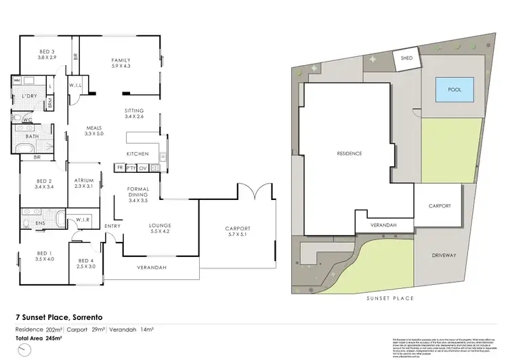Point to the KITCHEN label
coord(137,154)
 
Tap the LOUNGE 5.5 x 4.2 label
coord(161,228)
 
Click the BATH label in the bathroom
coord(33,136)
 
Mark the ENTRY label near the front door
coord(112,226)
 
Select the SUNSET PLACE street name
coord(389,298)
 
